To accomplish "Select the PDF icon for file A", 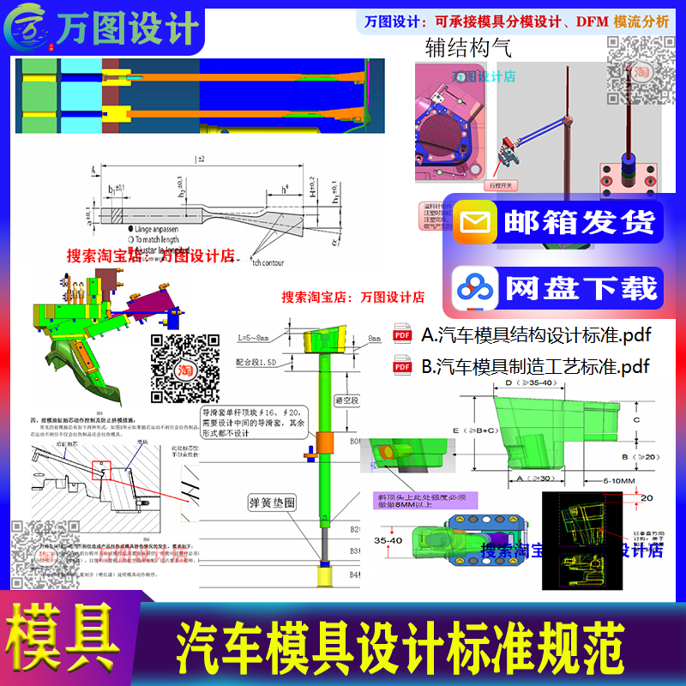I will coord(401,334).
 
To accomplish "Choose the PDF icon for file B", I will coord(401,367).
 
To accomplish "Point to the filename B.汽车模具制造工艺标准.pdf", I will coord(535,367).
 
